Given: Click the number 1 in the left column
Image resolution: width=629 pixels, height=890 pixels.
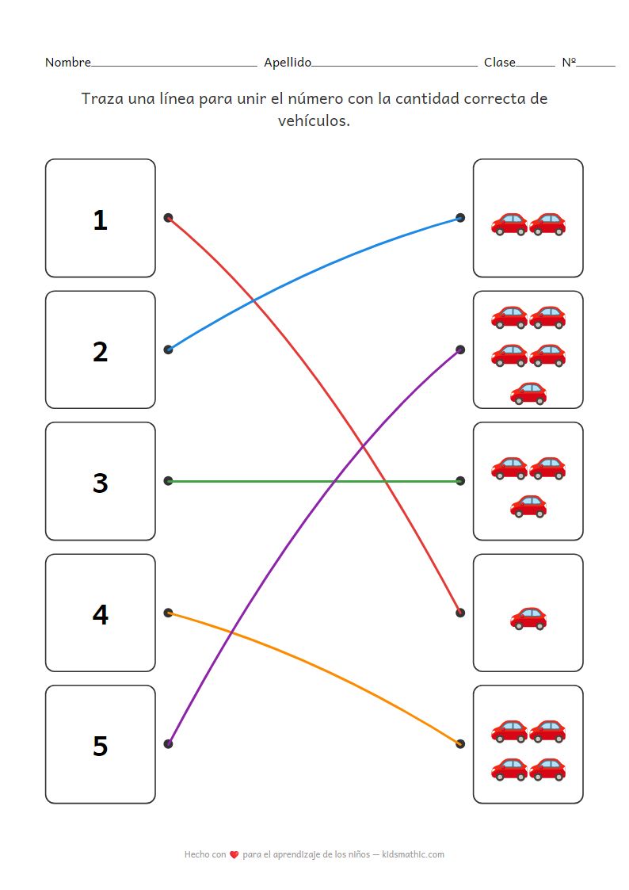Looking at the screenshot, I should click(100, 220).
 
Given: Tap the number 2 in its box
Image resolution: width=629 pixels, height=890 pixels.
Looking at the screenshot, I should click(100, 351).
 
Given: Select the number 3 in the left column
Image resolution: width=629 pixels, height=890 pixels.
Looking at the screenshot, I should click(100, 483).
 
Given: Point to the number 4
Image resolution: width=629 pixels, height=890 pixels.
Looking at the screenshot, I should click(100, 614).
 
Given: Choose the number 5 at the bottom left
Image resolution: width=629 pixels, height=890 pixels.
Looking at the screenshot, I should click(100, 746).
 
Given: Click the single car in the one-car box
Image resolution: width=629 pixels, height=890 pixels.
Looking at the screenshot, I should click(528, 617).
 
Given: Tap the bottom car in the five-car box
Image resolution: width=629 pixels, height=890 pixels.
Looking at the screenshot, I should click(528, 392).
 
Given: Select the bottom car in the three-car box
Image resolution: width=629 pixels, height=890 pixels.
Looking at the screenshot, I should click(528, 505).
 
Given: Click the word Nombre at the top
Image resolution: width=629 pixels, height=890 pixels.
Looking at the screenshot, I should click(67, 63).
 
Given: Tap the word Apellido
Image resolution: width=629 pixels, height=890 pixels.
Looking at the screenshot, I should click(288, 63).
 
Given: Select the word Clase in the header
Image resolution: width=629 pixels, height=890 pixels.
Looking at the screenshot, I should click(499, 63).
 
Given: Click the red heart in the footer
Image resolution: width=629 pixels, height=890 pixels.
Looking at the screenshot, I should click(234, 855).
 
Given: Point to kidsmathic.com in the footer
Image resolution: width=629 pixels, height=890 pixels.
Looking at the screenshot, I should click(413, 854).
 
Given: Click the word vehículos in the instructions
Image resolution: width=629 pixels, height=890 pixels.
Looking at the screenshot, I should click(314, 120).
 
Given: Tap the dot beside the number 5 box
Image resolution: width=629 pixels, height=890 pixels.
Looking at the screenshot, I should click(168, 743).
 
